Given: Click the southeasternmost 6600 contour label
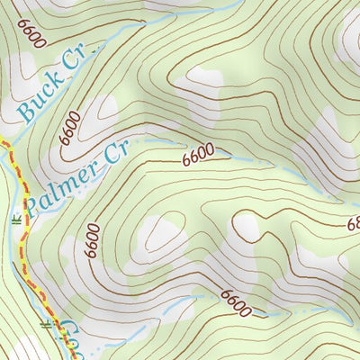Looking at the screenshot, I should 233,302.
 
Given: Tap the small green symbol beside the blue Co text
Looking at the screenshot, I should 45,322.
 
